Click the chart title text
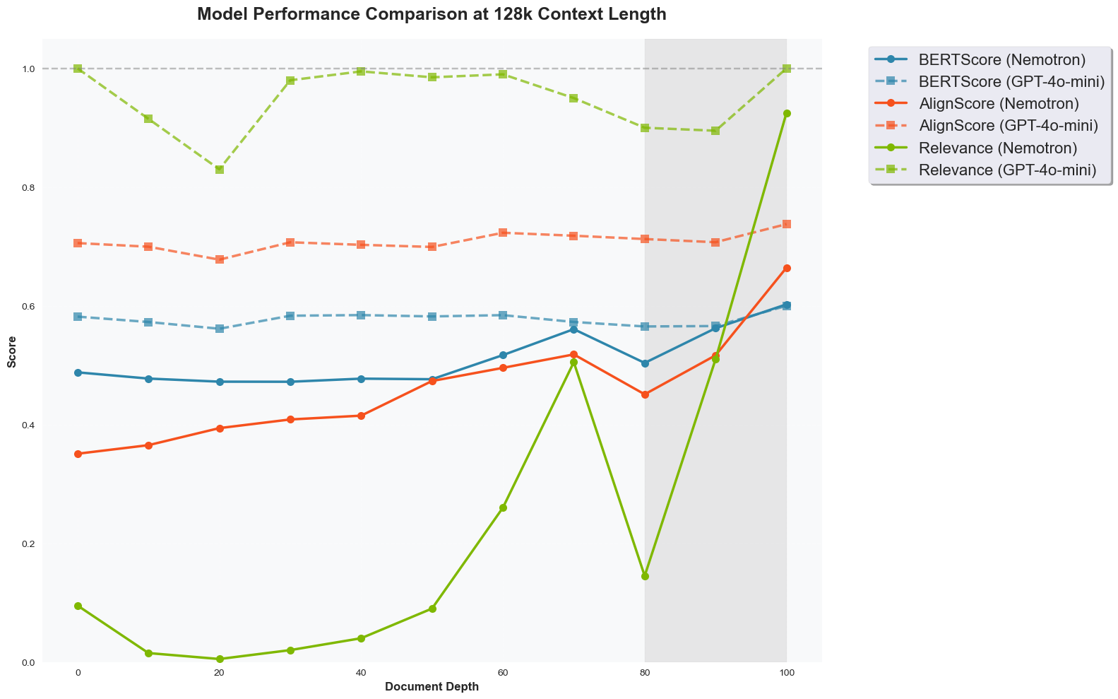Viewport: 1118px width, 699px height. coord(432,14)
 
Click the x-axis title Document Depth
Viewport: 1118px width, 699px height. coord(432,687)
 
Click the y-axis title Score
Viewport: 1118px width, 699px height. coord(11,351)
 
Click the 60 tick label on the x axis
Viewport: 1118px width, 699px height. coord(503,672)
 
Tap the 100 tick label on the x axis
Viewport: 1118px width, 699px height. coord(787,672)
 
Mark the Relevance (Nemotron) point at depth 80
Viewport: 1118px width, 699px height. coord(645,576)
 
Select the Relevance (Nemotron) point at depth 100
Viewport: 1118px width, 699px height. coord(787,113)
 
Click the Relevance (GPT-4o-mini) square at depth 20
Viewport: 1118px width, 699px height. coord(220,170)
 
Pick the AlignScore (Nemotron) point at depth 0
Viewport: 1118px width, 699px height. coord(78,454)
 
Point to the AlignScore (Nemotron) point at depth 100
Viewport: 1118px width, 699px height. coord(787,268)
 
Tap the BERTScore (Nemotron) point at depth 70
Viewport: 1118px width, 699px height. coord(573,329)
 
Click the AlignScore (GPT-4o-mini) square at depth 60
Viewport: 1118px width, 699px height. coord(503,233)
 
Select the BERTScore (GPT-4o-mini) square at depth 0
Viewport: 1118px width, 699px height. coord(78,317)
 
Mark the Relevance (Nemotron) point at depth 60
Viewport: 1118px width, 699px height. coord(503,507)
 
